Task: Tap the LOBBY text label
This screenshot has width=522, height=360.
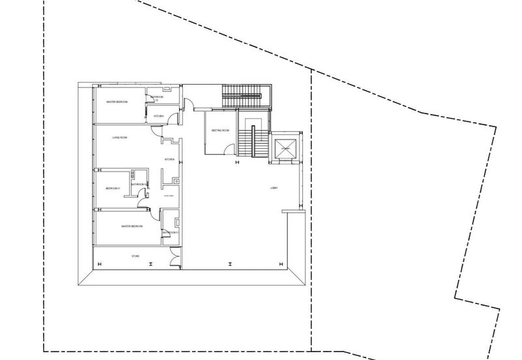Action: coord(275,188)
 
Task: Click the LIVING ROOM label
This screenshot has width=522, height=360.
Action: coord(119,138)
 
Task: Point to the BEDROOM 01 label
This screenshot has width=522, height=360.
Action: coord(114,188)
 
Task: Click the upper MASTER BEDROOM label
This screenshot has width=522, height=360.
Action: coord(117,102)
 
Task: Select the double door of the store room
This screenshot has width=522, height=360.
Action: coord(174,261)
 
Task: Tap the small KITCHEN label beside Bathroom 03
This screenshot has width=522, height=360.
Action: coord(159,116)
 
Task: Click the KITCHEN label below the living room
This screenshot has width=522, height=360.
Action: coord(168,160)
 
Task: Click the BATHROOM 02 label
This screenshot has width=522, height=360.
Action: coord(138,185)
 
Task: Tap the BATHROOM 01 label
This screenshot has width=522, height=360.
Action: coord(171,232)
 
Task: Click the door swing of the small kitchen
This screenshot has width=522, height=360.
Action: coord(172,118)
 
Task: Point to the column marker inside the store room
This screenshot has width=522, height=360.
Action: coord(150,263)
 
